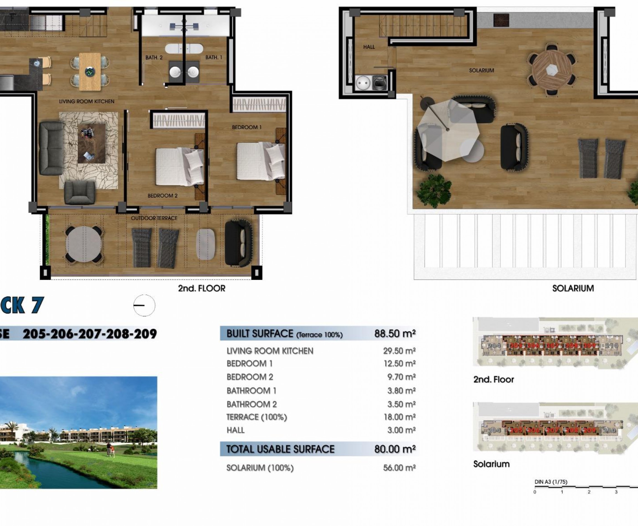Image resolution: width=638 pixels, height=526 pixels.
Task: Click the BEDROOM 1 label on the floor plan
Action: point(246,127)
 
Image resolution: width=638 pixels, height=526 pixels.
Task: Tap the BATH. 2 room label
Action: point(154,58)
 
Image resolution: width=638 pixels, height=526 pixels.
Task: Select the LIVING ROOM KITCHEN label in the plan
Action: point(87,102)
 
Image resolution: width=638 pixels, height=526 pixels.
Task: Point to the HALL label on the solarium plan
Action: point(369,47)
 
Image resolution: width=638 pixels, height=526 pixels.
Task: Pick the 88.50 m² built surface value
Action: point(395,334)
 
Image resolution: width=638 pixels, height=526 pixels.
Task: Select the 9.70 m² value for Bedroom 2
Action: point(401,377)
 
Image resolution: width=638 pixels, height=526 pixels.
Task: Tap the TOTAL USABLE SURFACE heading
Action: point(280,449)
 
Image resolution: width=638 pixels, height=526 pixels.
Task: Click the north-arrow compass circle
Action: point(144,305)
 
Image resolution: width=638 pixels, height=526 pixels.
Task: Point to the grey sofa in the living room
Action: point(51,148)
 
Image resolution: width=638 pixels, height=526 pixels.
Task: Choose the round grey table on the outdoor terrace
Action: point(84,244)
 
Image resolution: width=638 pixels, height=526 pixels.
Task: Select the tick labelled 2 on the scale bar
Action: point(589,492)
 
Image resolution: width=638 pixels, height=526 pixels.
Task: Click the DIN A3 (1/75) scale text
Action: point(551,482)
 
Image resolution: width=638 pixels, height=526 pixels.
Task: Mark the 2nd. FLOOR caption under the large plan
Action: point(202,288)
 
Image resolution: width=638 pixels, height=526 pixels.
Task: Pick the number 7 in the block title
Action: point(37,305)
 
